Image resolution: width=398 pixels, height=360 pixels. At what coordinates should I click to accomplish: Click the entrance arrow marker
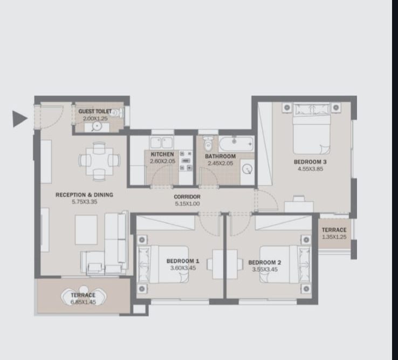coord(19,119)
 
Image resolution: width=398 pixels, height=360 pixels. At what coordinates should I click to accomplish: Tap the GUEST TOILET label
coord(95,112)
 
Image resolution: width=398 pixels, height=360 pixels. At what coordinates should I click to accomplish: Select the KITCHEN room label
coord(162,154)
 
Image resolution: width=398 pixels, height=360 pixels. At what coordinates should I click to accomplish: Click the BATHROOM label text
coord(221,156)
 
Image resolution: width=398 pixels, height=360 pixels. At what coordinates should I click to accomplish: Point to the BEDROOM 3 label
coord(310,162)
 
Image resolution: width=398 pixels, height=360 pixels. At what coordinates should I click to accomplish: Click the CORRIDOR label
coord(187,196)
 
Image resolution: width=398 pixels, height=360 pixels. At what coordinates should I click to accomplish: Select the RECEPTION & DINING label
coord(84,195)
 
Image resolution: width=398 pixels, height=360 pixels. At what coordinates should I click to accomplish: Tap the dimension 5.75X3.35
coord(85,202)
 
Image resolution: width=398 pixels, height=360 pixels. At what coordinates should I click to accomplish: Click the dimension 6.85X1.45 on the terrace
coord(83,302)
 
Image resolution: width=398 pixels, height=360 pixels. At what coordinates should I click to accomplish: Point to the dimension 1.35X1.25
coord(334,237)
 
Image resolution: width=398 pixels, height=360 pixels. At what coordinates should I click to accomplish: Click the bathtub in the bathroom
coord(236,144)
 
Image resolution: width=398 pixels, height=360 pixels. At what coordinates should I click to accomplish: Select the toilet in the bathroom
coord(208,143)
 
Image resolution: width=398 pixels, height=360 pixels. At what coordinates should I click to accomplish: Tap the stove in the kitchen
coord(186,160)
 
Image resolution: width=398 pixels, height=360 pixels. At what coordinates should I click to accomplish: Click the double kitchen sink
coord(161,142)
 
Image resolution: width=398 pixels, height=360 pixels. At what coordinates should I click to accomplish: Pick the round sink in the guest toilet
coord(97,126)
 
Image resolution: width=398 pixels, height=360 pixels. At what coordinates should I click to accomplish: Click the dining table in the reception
coord(99,161)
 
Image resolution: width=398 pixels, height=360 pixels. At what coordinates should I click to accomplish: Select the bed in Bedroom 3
coord(312,128)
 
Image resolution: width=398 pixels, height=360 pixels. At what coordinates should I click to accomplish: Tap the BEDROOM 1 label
coord(183,261)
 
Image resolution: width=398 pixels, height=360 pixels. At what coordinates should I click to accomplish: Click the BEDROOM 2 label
coord(264,262)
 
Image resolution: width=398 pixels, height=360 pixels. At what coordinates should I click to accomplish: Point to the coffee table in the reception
coord(86,230)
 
